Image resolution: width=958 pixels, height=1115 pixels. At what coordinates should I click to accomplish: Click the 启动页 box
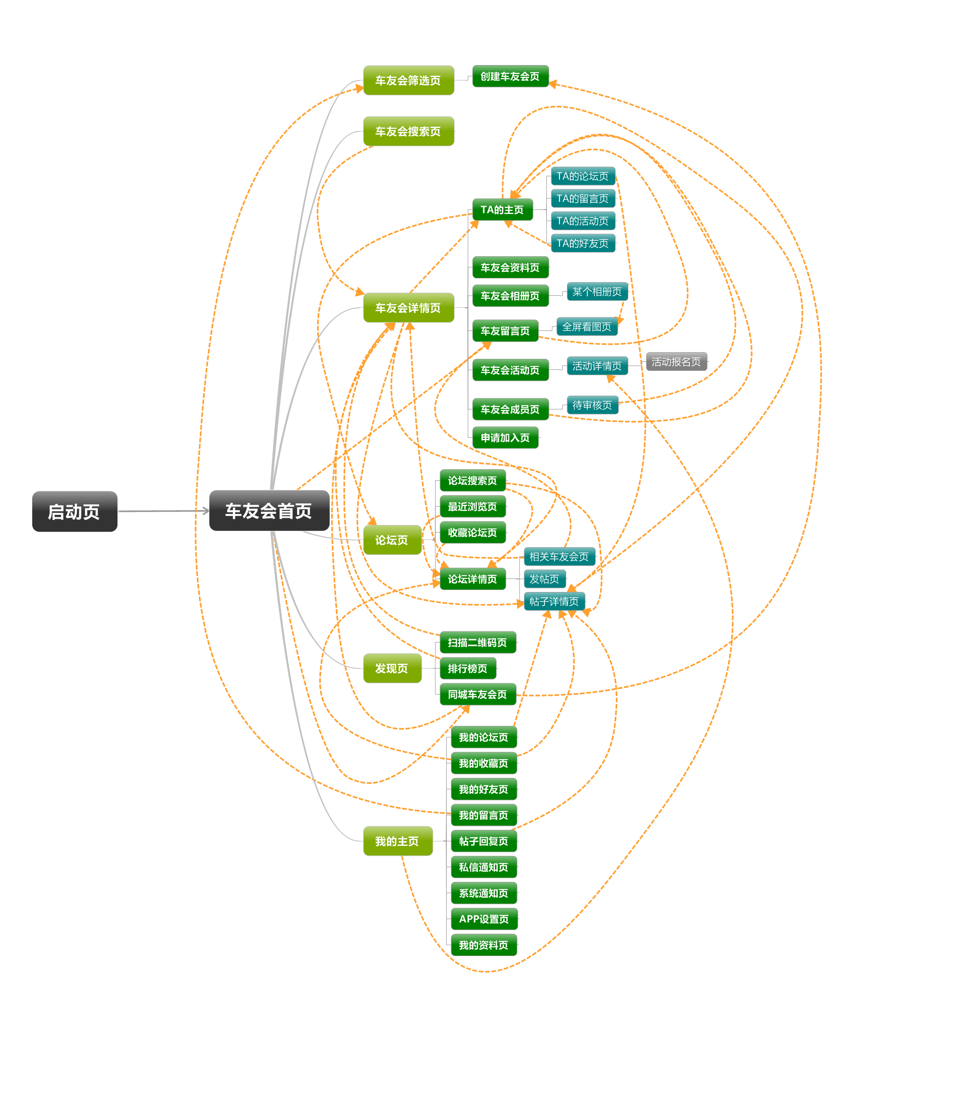[x=75, y=511]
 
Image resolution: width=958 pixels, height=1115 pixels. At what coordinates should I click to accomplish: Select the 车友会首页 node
[x=269, y=510]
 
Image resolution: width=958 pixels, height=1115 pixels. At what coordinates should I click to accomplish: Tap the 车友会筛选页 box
[x=408, y=80]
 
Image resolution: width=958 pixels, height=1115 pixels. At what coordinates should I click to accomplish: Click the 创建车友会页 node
[x=510, y=77]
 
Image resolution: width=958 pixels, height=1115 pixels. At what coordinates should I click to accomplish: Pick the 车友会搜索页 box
[x=408, y=131]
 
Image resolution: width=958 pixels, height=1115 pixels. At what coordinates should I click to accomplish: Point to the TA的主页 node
[x=502, y=210]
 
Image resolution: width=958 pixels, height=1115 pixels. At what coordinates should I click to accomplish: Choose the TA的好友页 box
[x=583, y=243]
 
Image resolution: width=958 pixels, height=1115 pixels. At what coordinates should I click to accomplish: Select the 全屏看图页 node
[x=586, y=327]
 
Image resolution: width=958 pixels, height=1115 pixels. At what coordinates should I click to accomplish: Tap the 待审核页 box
[x=592, y=405]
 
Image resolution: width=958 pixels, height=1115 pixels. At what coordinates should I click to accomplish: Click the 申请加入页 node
[x=505, y=437]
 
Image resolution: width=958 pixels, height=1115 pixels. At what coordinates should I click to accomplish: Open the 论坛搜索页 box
[x=472, y=481]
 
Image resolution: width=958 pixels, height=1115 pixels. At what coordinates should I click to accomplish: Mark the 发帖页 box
[x=544, y=579]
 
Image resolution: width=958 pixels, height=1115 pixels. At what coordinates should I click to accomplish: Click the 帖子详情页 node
[x=554, y=601]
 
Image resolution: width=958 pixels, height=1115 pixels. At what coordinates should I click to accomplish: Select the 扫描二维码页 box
[x=477, y=643]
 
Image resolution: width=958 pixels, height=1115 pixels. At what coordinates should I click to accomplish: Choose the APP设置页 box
[x=483, y=919]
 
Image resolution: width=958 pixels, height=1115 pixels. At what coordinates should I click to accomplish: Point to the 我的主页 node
[x=397, y=841]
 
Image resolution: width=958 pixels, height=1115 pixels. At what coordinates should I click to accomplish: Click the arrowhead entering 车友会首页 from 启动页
[x=205, y=511]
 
